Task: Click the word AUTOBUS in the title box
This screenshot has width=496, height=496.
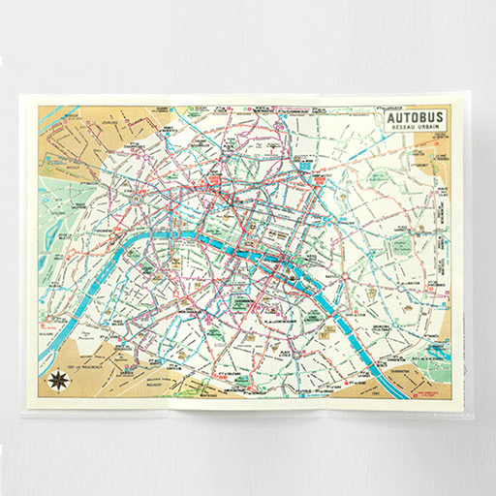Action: pyautogui.click(x=415, y=119)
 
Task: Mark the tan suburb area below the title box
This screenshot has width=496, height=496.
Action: pyautogui.click(x=426, y=160)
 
